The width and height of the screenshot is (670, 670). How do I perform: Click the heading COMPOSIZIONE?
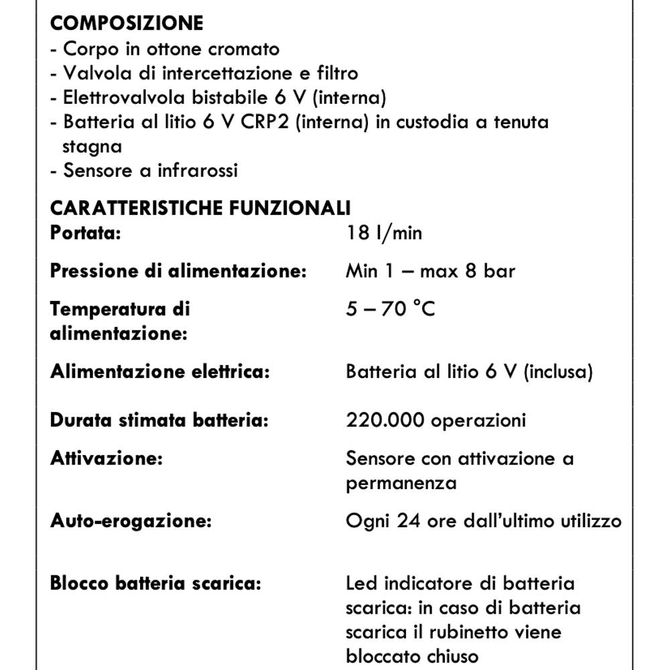[126, 23]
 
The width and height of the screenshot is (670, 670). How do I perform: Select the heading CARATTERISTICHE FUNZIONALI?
[200, 208]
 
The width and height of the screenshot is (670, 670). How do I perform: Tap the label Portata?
[85, 233]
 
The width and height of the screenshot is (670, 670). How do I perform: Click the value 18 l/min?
[384, 233]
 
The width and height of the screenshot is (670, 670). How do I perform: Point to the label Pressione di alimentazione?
[178, 271]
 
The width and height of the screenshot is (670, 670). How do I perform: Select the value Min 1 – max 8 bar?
[430, 271]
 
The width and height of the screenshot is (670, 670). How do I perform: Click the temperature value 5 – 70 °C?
[390, 309]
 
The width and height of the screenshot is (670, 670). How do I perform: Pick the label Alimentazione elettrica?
[159, 372]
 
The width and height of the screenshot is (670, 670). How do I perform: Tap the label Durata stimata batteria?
[159, 421]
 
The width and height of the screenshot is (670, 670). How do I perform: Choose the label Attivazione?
[107, 459]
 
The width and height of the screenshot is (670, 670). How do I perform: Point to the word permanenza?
[401, 483]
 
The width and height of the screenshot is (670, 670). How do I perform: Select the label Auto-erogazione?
[131, 521]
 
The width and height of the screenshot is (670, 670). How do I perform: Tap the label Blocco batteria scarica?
[155, 584]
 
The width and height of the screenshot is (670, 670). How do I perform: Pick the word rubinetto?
[466, 632]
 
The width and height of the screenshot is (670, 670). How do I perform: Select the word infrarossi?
[198, 170]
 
